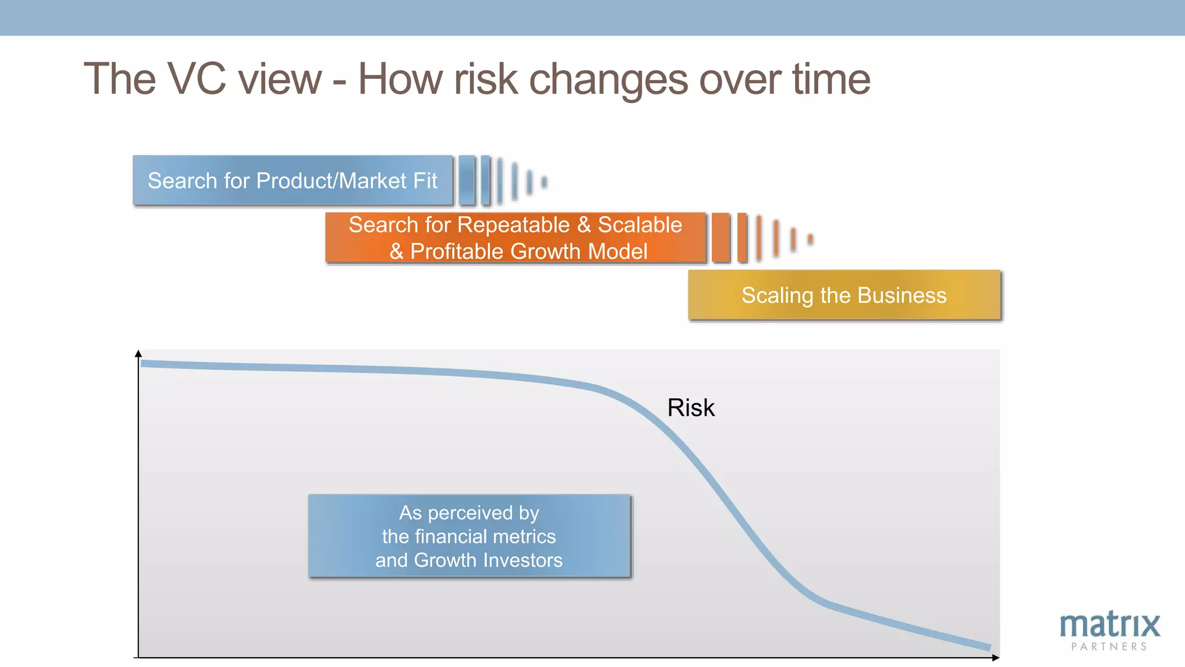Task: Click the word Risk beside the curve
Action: tap(691, 408)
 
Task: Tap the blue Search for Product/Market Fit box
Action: tap(293, 180)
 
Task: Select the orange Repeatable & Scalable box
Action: tap(515, 238)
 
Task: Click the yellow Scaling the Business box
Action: tap(844, 295)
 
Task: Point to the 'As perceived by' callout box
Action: tap(469, 536)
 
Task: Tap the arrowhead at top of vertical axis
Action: tap(138, 353)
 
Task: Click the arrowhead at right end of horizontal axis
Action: tap(995, 658)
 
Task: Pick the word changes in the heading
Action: tap(608, 80)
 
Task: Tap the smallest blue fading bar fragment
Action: tap(544, 182)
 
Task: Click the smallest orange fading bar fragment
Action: tap(810, 239)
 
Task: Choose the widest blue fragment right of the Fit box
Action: tap(467, 180)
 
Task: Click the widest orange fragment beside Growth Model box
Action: tap(720, 238)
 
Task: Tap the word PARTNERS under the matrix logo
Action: tap(1109, 647)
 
